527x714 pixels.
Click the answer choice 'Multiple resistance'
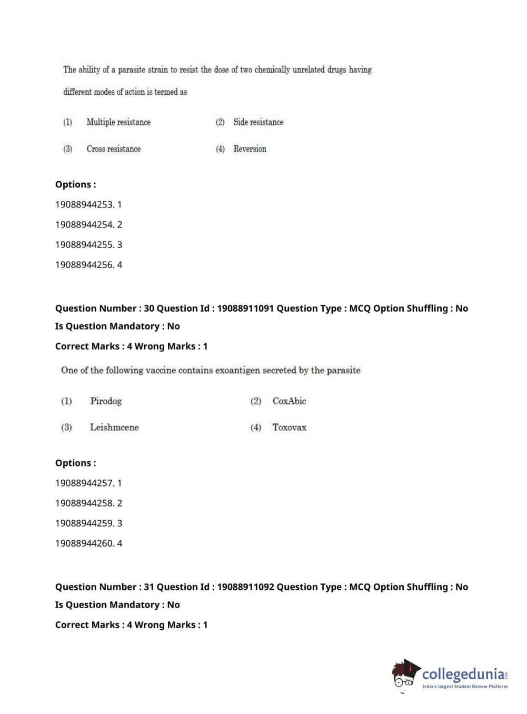point(118,122)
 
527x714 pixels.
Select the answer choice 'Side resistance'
point(258,122)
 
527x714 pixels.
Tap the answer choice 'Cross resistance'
point(114,149)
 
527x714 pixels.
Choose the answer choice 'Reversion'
point(250,149)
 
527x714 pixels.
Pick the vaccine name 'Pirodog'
point(106,401)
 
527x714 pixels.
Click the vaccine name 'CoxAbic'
point(289,401)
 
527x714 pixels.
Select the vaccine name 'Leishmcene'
point(114,428)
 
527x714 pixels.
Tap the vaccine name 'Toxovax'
point(289,428)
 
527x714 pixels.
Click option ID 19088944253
point(84,204)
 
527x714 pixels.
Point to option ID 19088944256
point(84,265)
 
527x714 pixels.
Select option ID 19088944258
point(84,503)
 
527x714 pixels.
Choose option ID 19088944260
point(84,543)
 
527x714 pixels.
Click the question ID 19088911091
point(245,309)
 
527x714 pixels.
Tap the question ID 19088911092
point(245,587)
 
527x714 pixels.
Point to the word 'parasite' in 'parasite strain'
point(135,70)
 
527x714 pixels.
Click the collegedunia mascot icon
point(405,675)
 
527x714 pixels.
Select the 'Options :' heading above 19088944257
point(75,463)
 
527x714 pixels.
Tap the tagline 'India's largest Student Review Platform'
point(465,687)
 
